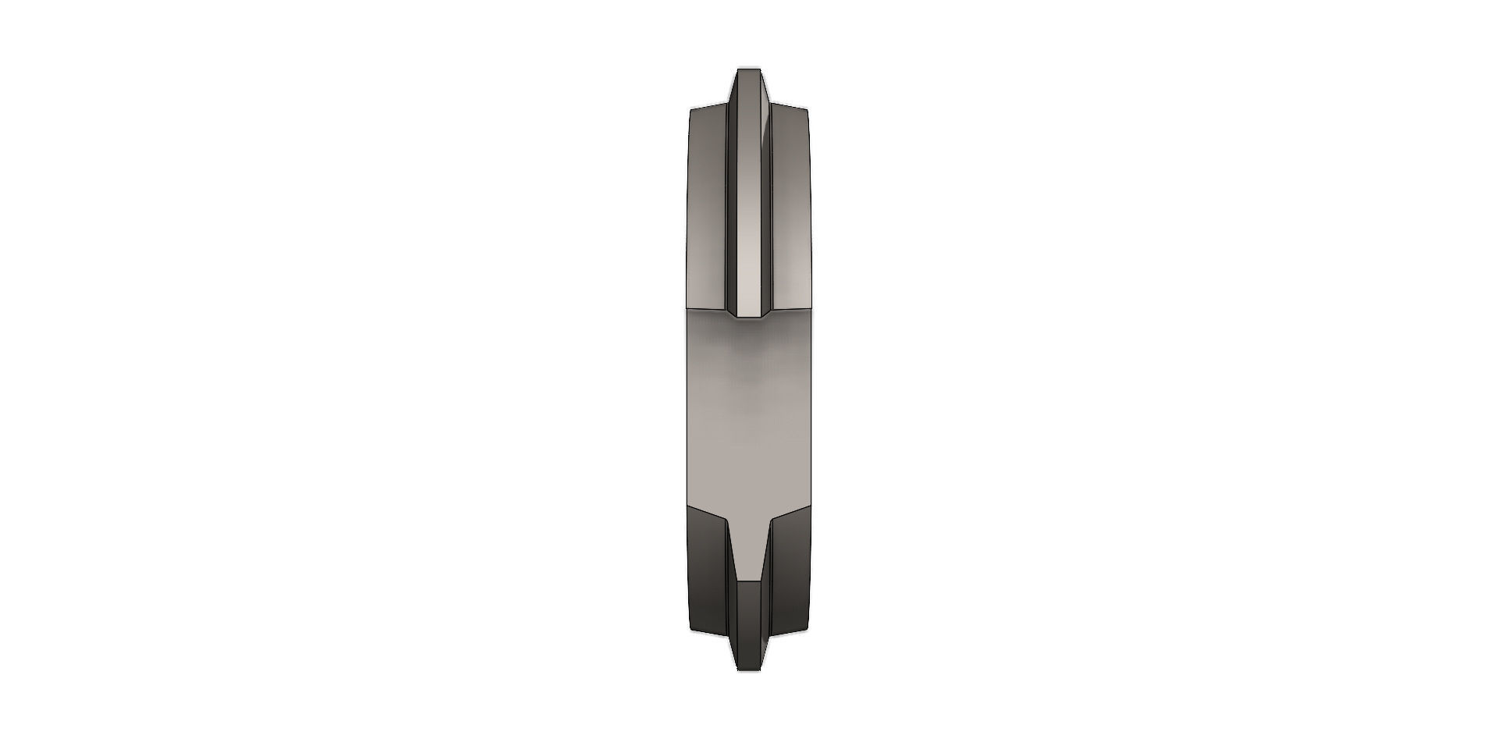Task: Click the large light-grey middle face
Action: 747,414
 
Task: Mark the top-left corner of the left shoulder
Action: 692,110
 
